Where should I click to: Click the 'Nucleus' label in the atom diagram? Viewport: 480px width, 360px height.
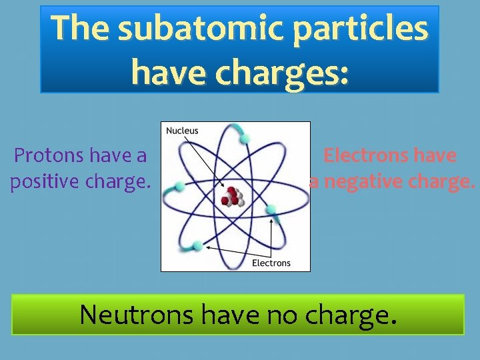182,131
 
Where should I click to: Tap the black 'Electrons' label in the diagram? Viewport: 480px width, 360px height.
271,263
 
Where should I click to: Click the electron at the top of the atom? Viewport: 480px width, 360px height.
245,138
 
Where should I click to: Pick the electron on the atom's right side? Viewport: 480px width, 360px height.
271,210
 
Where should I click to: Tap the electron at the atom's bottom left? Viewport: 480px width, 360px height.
198,244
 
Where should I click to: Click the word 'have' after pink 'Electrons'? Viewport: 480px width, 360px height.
435,156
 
